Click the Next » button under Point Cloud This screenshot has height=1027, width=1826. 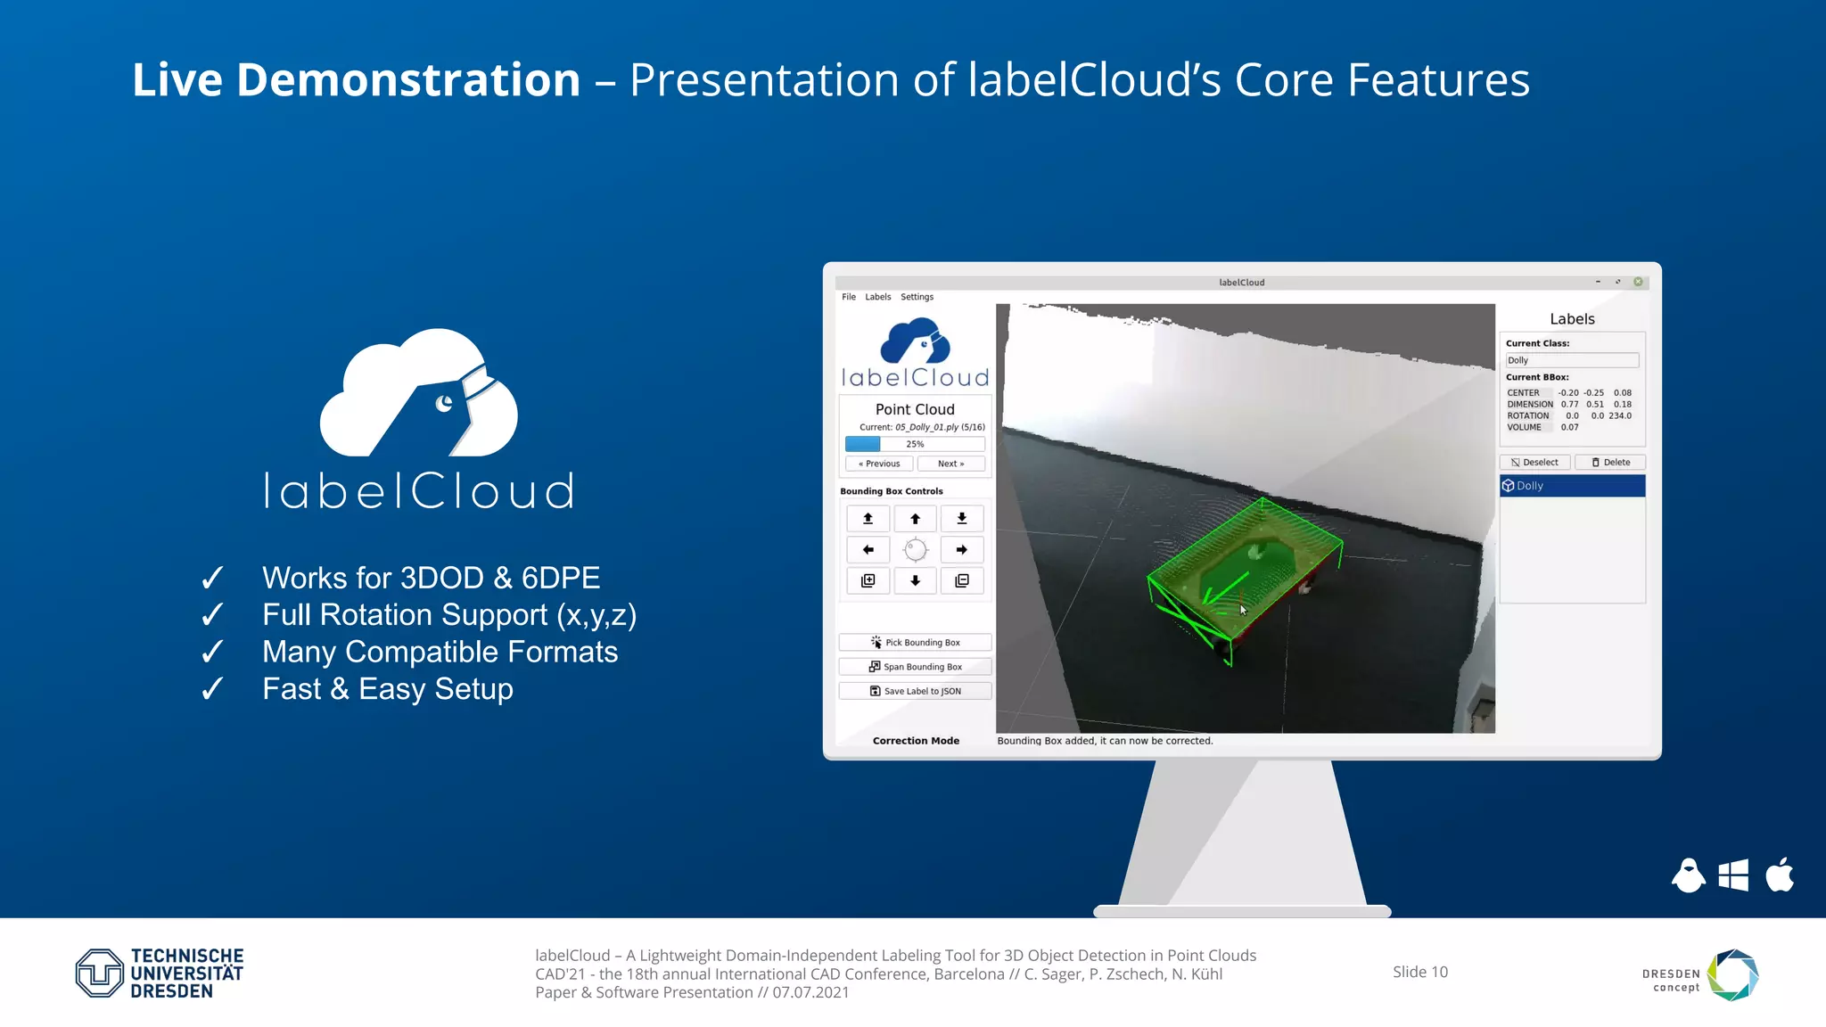point(950,464)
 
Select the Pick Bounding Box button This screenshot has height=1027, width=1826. point(915,643)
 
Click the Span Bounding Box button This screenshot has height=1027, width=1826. point(915,667)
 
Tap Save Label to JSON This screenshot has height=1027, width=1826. point(915,691)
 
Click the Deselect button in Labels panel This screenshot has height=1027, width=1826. point(1534,463)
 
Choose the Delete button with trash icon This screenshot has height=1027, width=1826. point(1610,463)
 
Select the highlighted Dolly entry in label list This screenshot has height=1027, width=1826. point(1572,486)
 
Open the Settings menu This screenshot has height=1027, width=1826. point(917,297)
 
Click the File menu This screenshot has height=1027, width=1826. point(849,297)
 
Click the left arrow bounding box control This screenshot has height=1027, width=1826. point(868,550)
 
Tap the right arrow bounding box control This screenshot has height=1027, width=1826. point(962,550)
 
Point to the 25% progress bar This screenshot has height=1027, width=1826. point(915,444)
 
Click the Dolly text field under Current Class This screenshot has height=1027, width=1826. point(1572,360)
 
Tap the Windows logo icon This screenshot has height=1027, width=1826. point(1733,875)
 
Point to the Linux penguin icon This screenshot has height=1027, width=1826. point(1688,875)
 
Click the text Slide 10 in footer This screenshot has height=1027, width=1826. point(1420,972)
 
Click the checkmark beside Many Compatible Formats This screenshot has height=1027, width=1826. point(212,653)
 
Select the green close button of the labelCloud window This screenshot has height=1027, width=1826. point(1638,282)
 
